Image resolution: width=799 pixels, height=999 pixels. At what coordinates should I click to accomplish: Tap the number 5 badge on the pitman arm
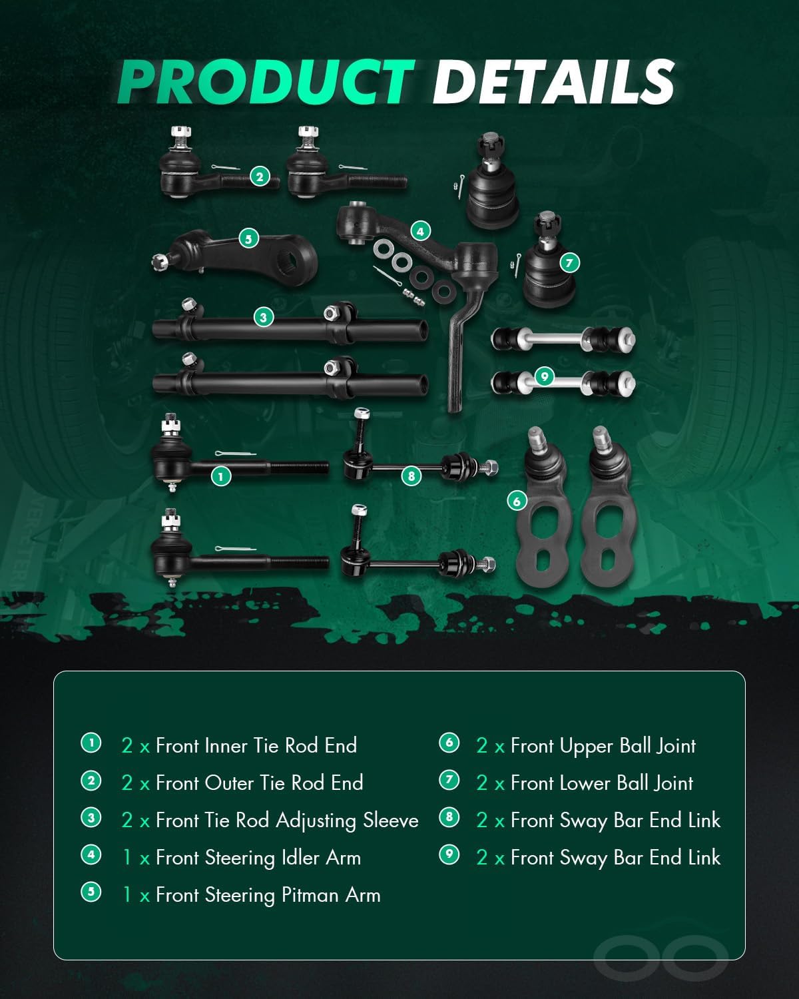point(249,238)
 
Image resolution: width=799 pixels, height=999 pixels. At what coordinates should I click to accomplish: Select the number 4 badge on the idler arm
point(420,231)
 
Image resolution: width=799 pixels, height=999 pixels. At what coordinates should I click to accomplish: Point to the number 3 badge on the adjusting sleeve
point(263,317)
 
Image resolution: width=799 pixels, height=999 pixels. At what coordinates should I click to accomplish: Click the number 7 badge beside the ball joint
point(569,262)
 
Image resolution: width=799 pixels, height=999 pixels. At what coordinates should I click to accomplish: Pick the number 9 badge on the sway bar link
point(544,377)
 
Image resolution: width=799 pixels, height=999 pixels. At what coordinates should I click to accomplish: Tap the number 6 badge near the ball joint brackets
point(517,501)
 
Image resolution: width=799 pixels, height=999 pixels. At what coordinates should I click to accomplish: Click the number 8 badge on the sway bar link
point(411,476)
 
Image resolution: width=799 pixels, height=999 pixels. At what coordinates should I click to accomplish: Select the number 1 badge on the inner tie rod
point(220,476)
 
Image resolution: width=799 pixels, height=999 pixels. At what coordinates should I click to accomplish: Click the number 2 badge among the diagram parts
point(259,176)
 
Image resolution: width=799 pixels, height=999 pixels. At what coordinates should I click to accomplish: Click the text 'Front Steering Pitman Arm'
point(268,894)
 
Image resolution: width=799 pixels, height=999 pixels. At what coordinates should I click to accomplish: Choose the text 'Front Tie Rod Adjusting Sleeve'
point(287,820)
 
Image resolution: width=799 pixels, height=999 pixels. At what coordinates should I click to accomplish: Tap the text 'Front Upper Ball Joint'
point(603,746)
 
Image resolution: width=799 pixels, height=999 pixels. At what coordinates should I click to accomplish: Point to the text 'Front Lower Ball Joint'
point(602,783)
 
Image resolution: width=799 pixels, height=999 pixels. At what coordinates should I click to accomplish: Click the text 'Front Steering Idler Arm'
point(258,857)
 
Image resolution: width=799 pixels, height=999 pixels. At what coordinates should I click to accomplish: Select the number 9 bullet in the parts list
point(449,854)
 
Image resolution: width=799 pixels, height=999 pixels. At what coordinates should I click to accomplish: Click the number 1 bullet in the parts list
point(91,742)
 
